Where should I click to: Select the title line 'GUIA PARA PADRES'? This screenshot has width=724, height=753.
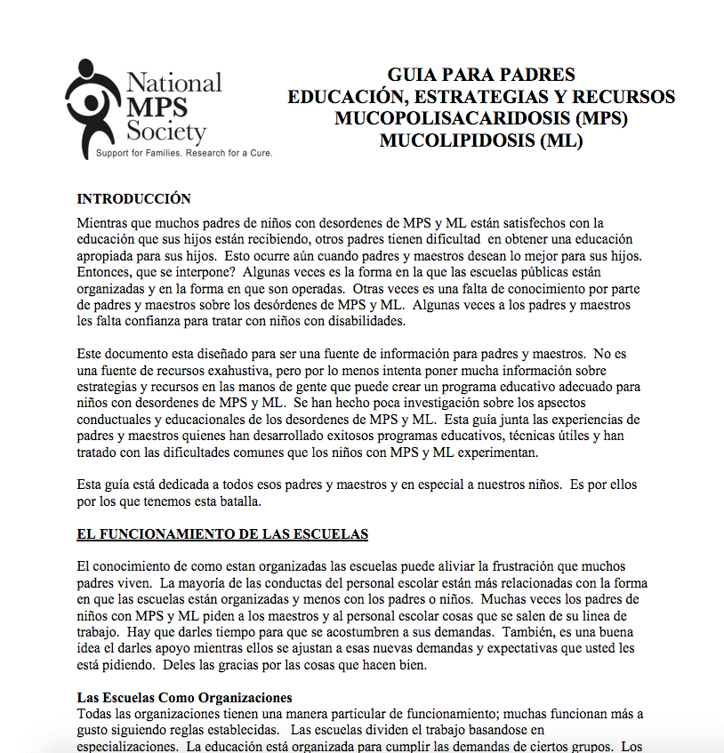point(481,75)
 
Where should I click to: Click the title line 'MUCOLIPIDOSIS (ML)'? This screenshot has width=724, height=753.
point(481,140)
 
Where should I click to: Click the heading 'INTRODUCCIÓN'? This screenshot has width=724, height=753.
point(134,198)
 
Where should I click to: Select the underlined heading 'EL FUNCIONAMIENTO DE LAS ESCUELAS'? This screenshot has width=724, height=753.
point(222,533)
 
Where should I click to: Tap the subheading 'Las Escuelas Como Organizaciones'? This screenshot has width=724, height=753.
point(185,697)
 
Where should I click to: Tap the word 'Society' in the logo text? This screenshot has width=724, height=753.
point(166,132)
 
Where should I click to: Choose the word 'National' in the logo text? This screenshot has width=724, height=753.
point(174,84)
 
